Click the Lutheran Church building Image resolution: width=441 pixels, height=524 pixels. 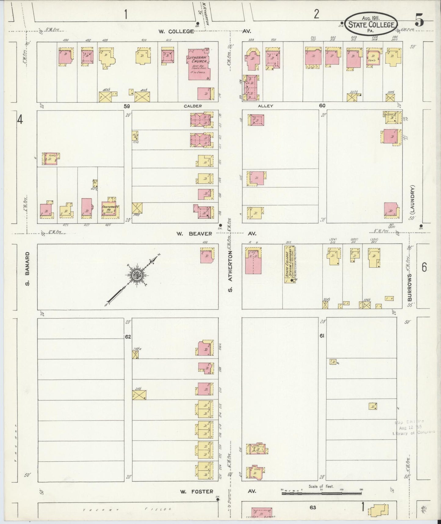(199, 64)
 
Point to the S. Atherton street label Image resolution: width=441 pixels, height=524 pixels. (230, 271)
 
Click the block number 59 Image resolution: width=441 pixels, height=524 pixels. (127, 106)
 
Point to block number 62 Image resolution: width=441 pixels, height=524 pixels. (128, 337)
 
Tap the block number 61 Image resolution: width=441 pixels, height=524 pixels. (322, 336)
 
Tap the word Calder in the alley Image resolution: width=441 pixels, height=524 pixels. (193, 106)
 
